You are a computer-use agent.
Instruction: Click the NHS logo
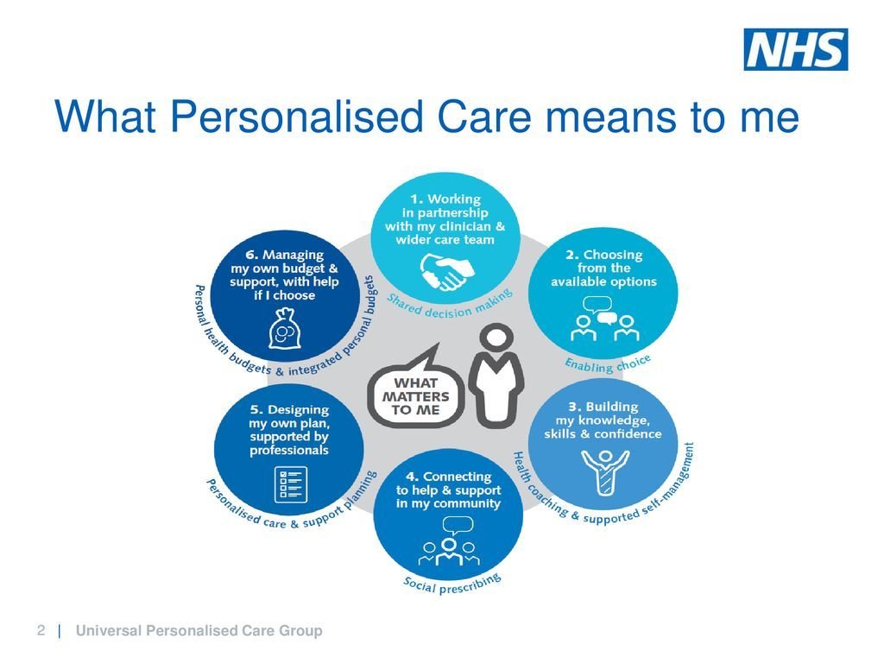795,49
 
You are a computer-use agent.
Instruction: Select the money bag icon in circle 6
285,329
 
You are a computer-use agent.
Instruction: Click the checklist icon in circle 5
291,484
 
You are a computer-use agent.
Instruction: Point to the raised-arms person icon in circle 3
605,471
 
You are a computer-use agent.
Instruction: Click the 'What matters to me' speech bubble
417,388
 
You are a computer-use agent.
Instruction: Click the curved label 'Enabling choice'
608,364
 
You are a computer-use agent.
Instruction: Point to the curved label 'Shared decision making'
449,305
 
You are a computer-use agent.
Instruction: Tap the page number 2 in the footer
41,629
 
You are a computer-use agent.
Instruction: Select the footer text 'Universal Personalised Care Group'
199,630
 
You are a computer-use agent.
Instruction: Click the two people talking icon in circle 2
603,319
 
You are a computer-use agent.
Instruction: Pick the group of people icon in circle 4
449,541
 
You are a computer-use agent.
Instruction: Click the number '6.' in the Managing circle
253,255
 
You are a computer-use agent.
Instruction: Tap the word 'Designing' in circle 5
298,410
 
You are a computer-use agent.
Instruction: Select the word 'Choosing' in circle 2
613,255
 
